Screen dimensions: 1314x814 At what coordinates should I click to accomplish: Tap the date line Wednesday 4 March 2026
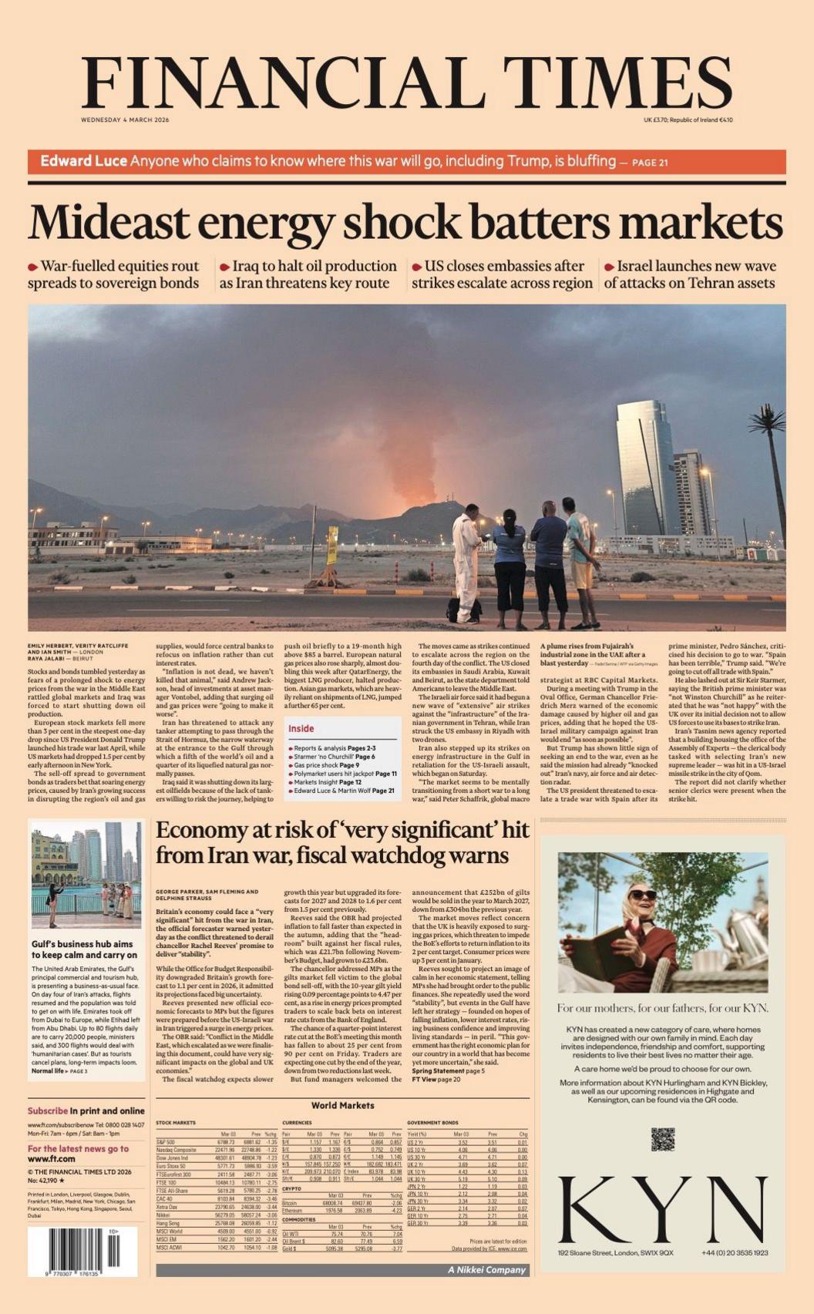pos(125,120)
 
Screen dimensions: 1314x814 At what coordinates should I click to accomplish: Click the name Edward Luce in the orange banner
pos(83,161)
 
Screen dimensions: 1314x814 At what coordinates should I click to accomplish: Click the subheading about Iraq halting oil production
pos(308,274)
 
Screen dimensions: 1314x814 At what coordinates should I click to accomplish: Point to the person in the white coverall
pos(467,566)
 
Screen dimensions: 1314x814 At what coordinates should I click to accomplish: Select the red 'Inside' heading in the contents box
pos(301,728)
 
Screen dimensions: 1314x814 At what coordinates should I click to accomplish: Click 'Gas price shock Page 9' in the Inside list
pos(326,765)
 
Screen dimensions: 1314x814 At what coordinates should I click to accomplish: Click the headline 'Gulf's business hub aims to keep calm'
pos(84,949)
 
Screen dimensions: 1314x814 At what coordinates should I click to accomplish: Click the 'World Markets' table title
pos(342,1106)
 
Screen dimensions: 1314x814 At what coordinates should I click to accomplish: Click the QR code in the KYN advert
pos(662,1139)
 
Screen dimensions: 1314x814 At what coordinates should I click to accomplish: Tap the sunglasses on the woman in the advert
pos(642,895)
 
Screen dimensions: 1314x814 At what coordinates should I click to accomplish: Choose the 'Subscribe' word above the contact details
pos(48,1111)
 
